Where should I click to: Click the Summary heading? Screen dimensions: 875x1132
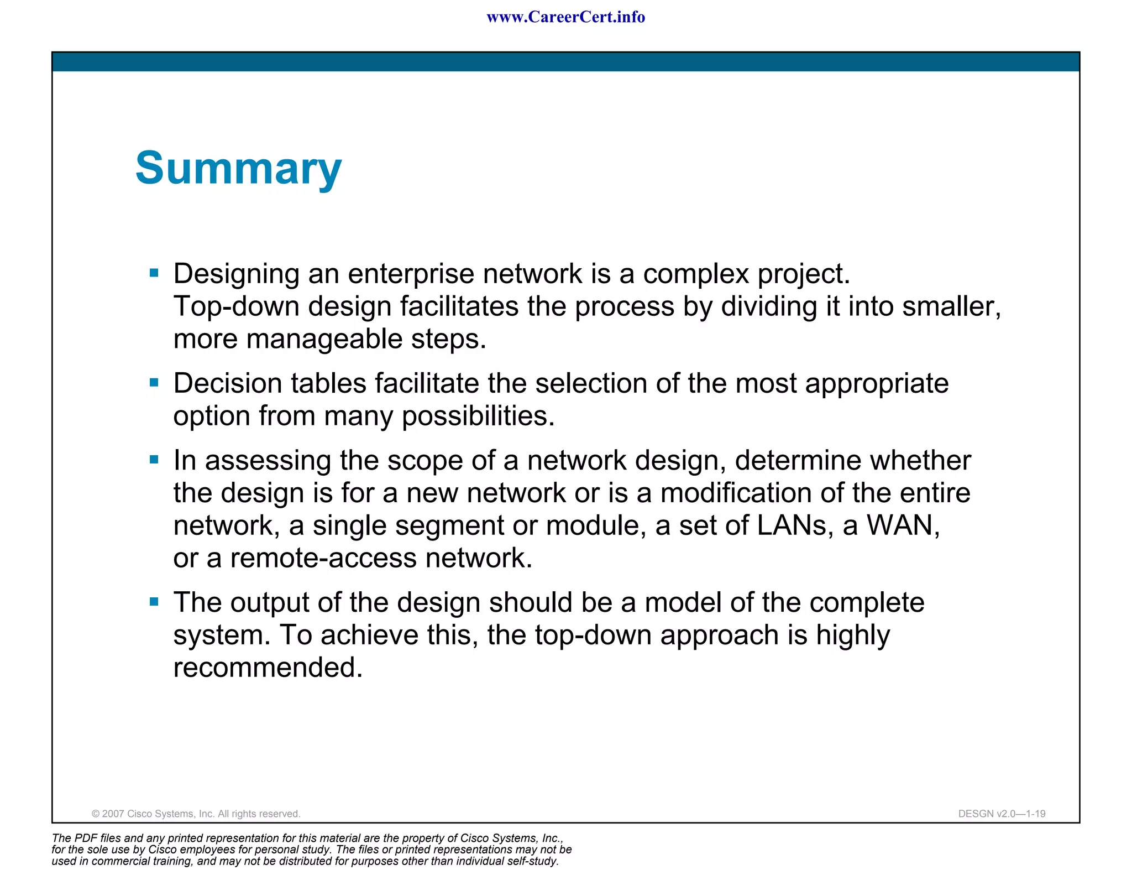pyautogui.click(x=238, y=169)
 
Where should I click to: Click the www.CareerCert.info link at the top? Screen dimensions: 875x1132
pyautogui.click(x=565, y=17)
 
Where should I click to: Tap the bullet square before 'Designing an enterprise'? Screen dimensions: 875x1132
pyautogui.click(x=154, y=273)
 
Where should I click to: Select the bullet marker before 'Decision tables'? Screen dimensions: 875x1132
pyautogui.click(x=154, y=382)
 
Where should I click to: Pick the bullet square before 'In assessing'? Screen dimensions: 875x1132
pyautogui.click(x=154, y=459)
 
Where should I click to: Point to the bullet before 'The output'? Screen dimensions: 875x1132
pyautogui.click(x=154, y=602)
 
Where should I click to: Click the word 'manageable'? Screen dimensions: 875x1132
pyautogui.click(x=324, y=339)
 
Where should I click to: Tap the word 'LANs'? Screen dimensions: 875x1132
pyautogui.click(x=791, y=525)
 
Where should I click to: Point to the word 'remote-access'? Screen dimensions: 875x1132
pyautogui.click(x=323, y=558)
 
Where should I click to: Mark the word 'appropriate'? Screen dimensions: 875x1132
pyautogui.click(x=877, y=383)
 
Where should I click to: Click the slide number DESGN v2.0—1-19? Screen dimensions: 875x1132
pyautogui.click(x=1002, y=814)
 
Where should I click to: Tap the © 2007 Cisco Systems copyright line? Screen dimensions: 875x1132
pyautogui.click(x=196, y=814)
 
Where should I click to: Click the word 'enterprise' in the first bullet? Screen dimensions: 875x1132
pyautogui.click(x=411, y=274)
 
